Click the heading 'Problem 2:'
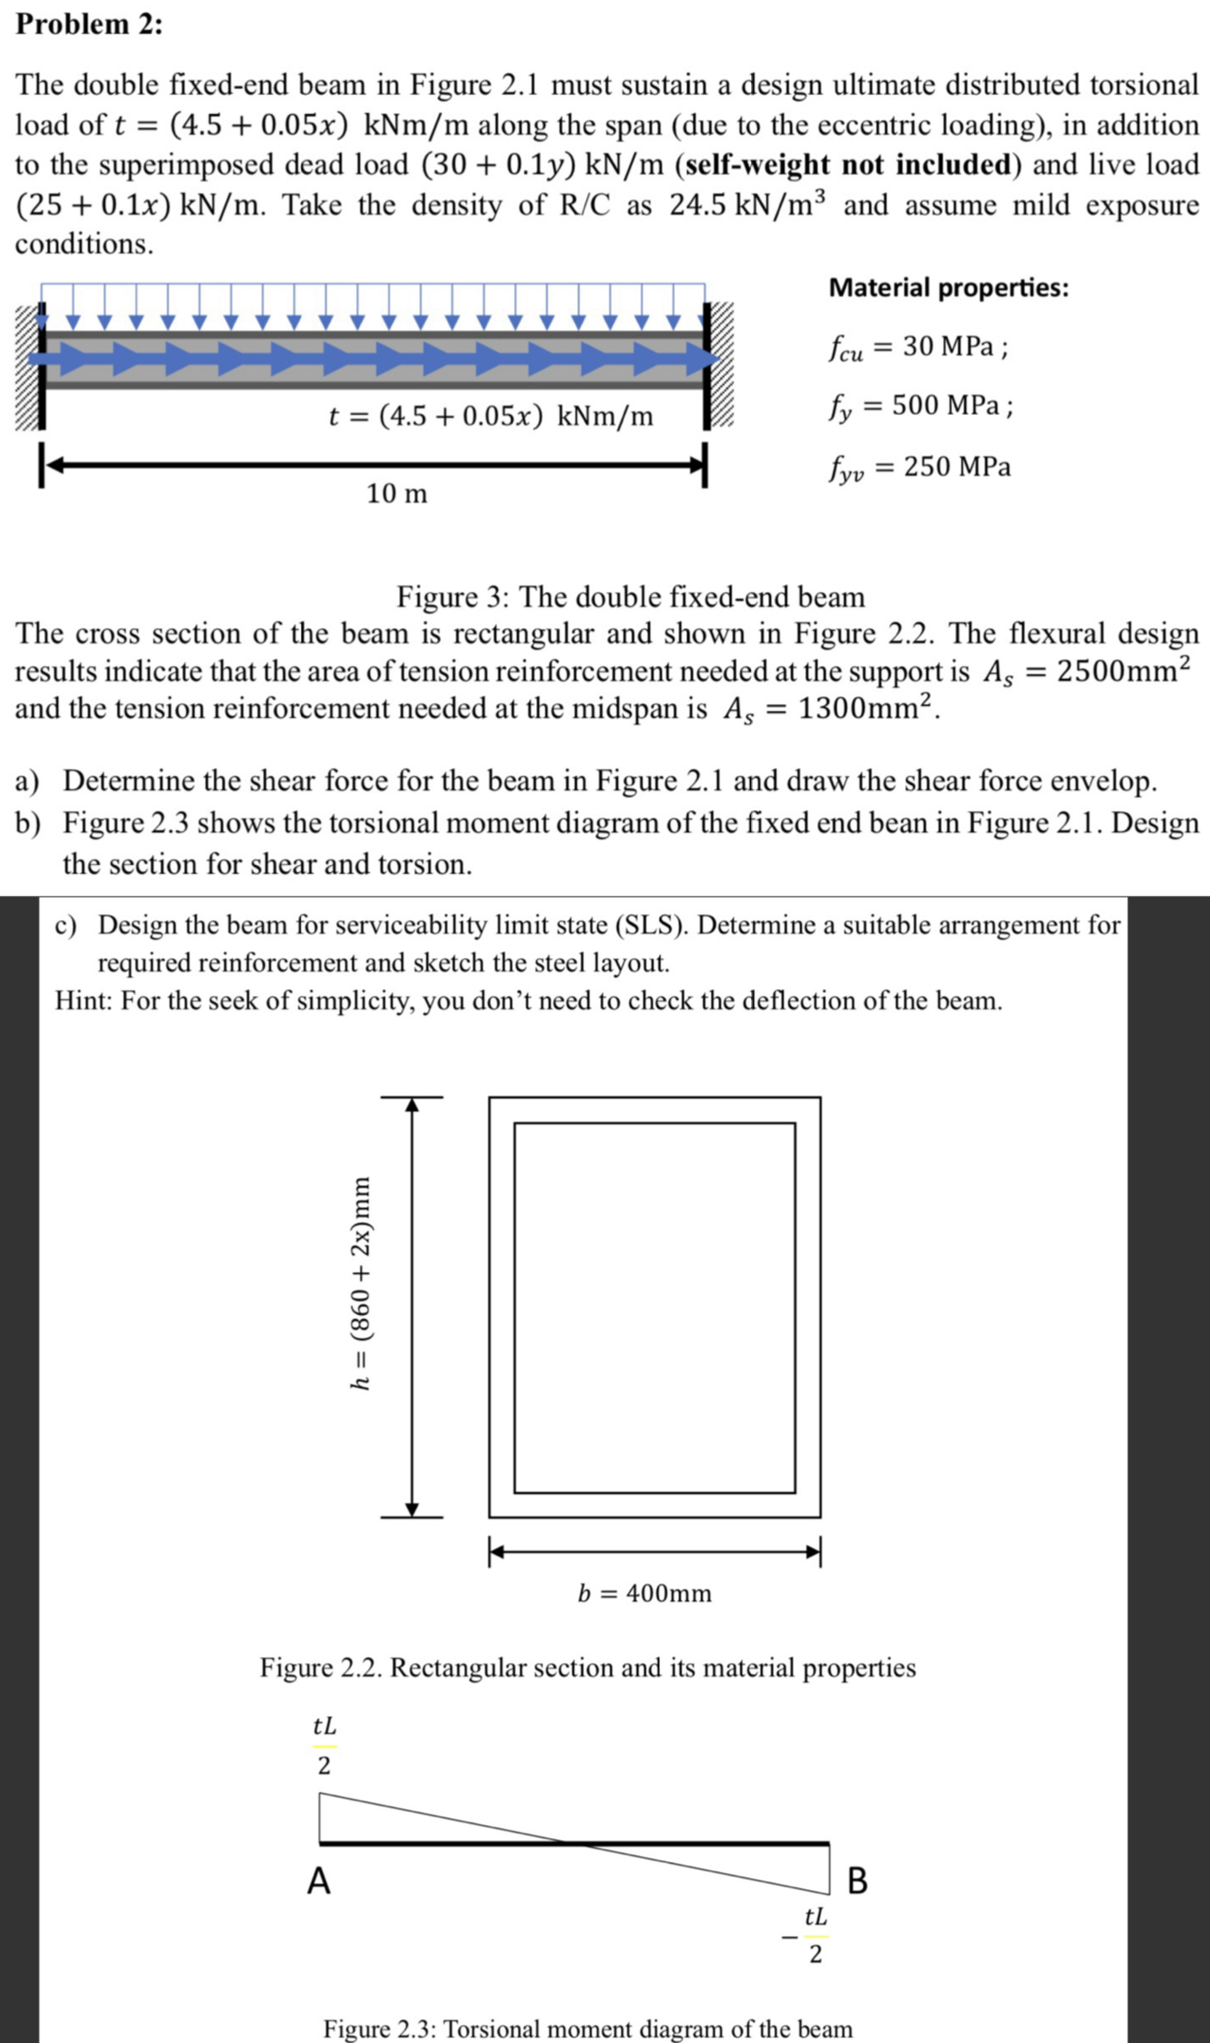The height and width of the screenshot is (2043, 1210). [89, 24]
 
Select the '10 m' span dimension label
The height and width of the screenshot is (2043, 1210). [396, 494]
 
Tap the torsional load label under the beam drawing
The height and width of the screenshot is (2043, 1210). [490, 415]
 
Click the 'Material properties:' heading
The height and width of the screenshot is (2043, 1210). [948, 287]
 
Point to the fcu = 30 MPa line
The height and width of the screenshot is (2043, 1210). [917, 347]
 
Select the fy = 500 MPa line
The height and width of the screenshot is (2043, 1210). [920, 406]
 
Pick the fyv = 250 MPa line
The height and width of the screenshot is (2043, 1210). [919, 467]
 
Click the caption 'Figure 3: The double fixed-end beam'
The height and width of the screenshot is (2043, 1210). [630, 597]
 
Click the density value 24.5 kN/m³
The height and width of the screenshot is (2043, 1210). [747, 204]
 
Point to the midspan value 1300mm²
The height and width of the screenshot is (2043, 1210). [866, 709]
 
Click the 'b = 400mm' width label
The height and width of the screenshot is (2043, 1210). [644, 1593]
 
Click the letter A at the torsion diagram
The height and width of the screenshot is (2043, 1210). [319, 1881]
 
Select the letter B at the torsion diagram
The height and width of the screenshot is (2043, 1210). [857, 1880]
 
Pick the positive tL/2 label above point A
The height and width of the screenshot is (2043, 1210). [324, 1745]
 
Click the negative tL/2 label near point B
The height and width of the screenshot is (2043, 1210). [808, 1936]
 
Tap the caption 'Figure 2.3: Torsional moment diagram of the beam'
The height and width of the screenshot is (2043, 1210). [587, 2029]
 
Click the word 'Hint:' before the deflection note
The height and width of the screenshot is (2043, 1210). [83, 1000]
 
